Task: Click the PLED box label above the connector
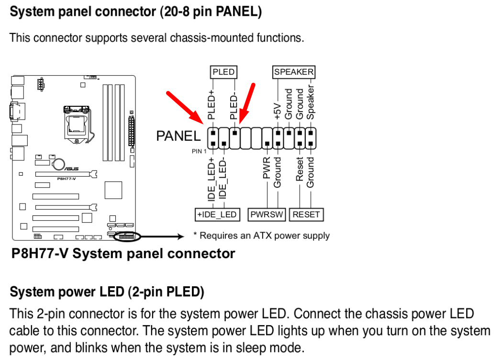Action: pyautogui.click(x=223, y=72)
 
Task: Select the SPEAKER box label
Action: pyautogui.click(x=293, y=72)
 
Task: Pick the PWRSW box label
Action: pyautogui.click(x=267, y=214)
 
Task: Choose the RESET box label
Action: pyautogui.click(x=306, y=214)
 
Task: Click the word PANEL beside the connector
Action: pyautogui.click(x=178, y=136)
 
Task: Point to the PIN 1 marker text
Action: pyautogui.click(x=199, y=151)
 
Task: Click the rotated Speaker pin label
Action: pyautogui.click(x=311, y=102)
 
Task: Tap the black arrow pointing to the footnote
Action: pyautogui.click(x=163, y=236)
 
